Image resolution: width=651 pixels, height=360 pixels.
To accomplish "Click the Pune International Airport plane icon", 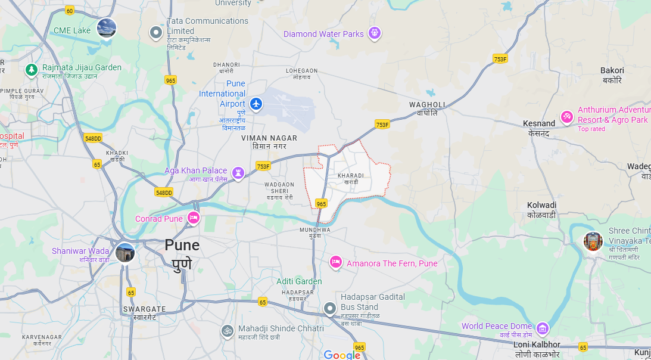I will point(256,104).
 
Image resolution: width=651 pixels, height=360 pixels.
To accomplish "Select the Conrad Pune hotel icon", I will point(193,218).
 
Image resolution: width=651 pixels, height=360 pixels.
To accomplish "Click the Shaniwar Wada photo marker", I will point(125,252).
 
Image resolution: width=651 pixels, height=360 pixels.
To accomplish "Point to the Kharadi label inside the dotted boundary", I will point(351,178).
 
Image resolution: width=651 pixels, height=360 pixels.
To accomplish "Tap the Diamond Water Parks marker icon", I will point(375,33).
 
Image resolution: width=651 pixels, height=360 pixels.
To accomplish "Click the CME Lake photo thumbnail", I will point(107,28).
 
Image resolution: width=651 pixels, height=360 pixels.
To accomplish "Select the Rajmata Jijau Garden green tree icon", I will point(32,70).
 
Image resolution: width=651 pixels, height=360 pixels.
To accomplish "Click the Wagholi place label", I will point(427,108).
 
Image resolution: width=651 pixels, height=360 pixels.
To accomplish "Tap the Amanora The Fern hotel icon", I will point(336,262).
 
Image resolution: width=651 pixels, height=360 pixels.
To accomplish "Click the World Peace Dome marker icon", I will point(542,328).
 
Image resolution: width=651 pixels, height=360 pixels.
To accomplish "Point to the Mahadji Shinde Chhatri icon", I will point(227,330).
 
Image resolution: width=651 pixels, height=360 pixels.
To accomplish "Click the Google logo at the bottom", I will point(342,355).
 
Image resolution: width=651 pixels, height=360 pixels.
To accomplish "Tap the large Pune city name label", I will point(182,253).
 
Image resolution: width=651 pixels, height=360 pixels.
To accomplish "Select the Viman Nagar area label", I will point(269,141).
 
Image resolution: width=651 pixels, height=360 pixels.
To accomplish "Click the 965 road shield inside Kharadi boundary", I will point(322,204).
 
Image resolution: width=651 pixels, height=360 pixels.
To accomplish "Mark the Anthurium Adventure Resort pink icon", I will point(567,116).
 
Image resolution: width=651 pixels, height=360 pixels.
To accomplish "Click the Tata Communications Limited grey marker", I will point(156,32).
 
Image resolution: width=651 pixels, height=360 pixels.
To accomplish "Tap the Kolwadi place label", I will point(541,209).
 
